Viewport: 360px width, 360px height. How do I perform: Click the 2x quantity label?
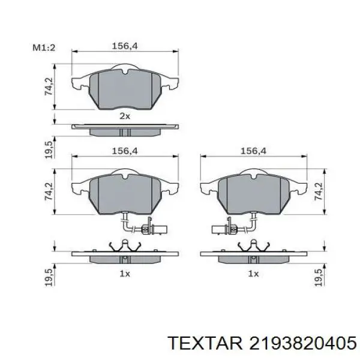click(x=124, y=116)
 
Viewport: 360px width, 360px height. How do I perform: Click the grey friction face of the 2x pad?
click(x=124, y=90)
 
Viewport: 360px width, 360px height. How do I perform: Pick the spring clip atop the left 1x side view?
click(x=124, y=246)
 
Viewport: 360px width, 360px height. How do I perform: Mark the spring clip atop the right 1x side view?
click(x=253, y=246)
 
